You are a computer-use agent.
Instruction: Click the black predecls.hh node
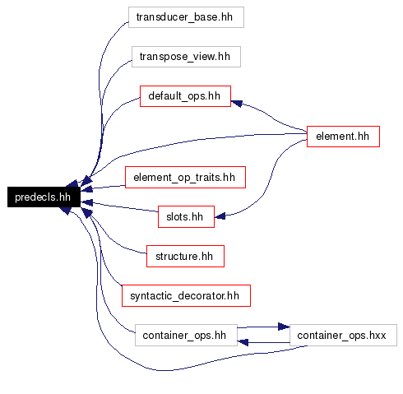(44, 197)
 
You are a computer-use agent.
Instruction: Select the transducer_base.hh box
(186, 17)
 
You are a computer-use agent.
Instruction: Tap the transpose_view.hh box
(186, 57)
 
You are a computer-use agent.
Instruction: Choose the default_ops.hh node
(185, 96)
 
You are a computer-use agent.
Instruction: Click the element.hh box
(343, 137)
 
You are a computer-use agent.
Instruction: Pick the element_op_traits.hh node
(185, 177)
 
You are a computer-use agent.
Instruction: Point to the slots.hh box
(186, 216)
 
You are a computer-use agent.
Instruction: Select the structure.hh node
(185, 256)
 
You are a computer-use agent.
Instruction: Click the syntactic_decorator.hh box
(186, 295)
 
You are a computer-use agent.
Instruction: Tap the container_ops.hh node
(186, 335)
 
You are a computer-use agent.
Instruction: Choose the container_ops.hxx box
(343, 335)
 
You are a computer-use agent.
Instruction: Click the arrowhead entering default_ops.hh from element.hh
(237, 104)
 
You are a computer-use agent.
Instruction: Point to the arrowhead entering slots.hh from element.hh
(220, 216)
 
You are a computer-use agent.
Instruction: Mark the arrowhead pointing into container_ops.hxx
(284, 327)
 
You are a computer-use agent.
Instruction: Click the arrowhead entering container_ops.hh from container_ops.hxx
(243, 342)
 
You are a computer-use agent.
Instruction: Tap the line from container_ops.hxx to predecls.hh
(164, 370)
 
